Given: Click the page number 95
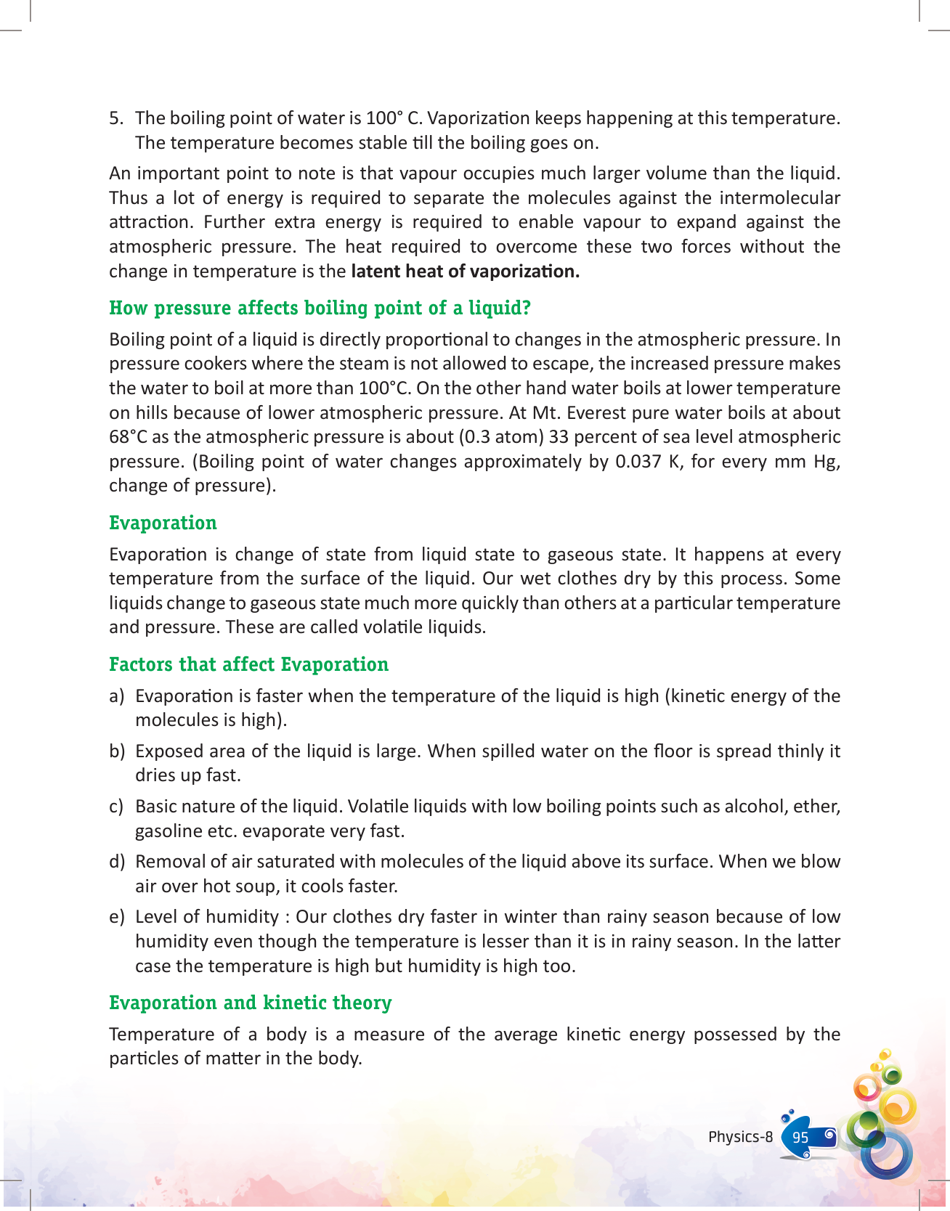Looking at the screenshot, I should coord(800,1137).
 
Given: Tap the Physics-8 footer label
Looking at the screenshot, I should coord(740,1137).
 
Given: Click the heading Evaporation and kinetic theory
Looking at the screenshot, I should coord(250,1003).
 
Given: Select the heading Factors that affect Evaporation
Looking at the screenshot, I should coord(248,664).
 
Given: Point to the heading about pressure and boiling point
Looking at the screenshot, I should coord(320,308).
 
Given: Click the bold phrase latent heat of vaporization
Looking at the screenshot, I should coord(465,272).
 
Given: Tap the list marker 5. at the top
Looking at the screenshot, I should coord(117,118).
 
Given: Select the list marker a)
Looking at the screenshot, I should coord(117,696).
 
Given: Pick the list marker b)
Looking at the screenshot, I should coord(117,751).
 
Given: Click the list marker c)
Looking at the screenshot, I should coord(117,807).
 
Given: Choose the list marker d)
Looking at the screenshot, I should coord(117,862).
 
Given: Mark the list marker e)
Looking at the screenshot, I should coord(117,917).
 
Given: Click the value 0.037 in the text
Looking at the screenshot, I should coord(637,462).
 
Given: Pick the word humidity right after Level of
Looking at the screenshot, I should coord(243,917).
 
